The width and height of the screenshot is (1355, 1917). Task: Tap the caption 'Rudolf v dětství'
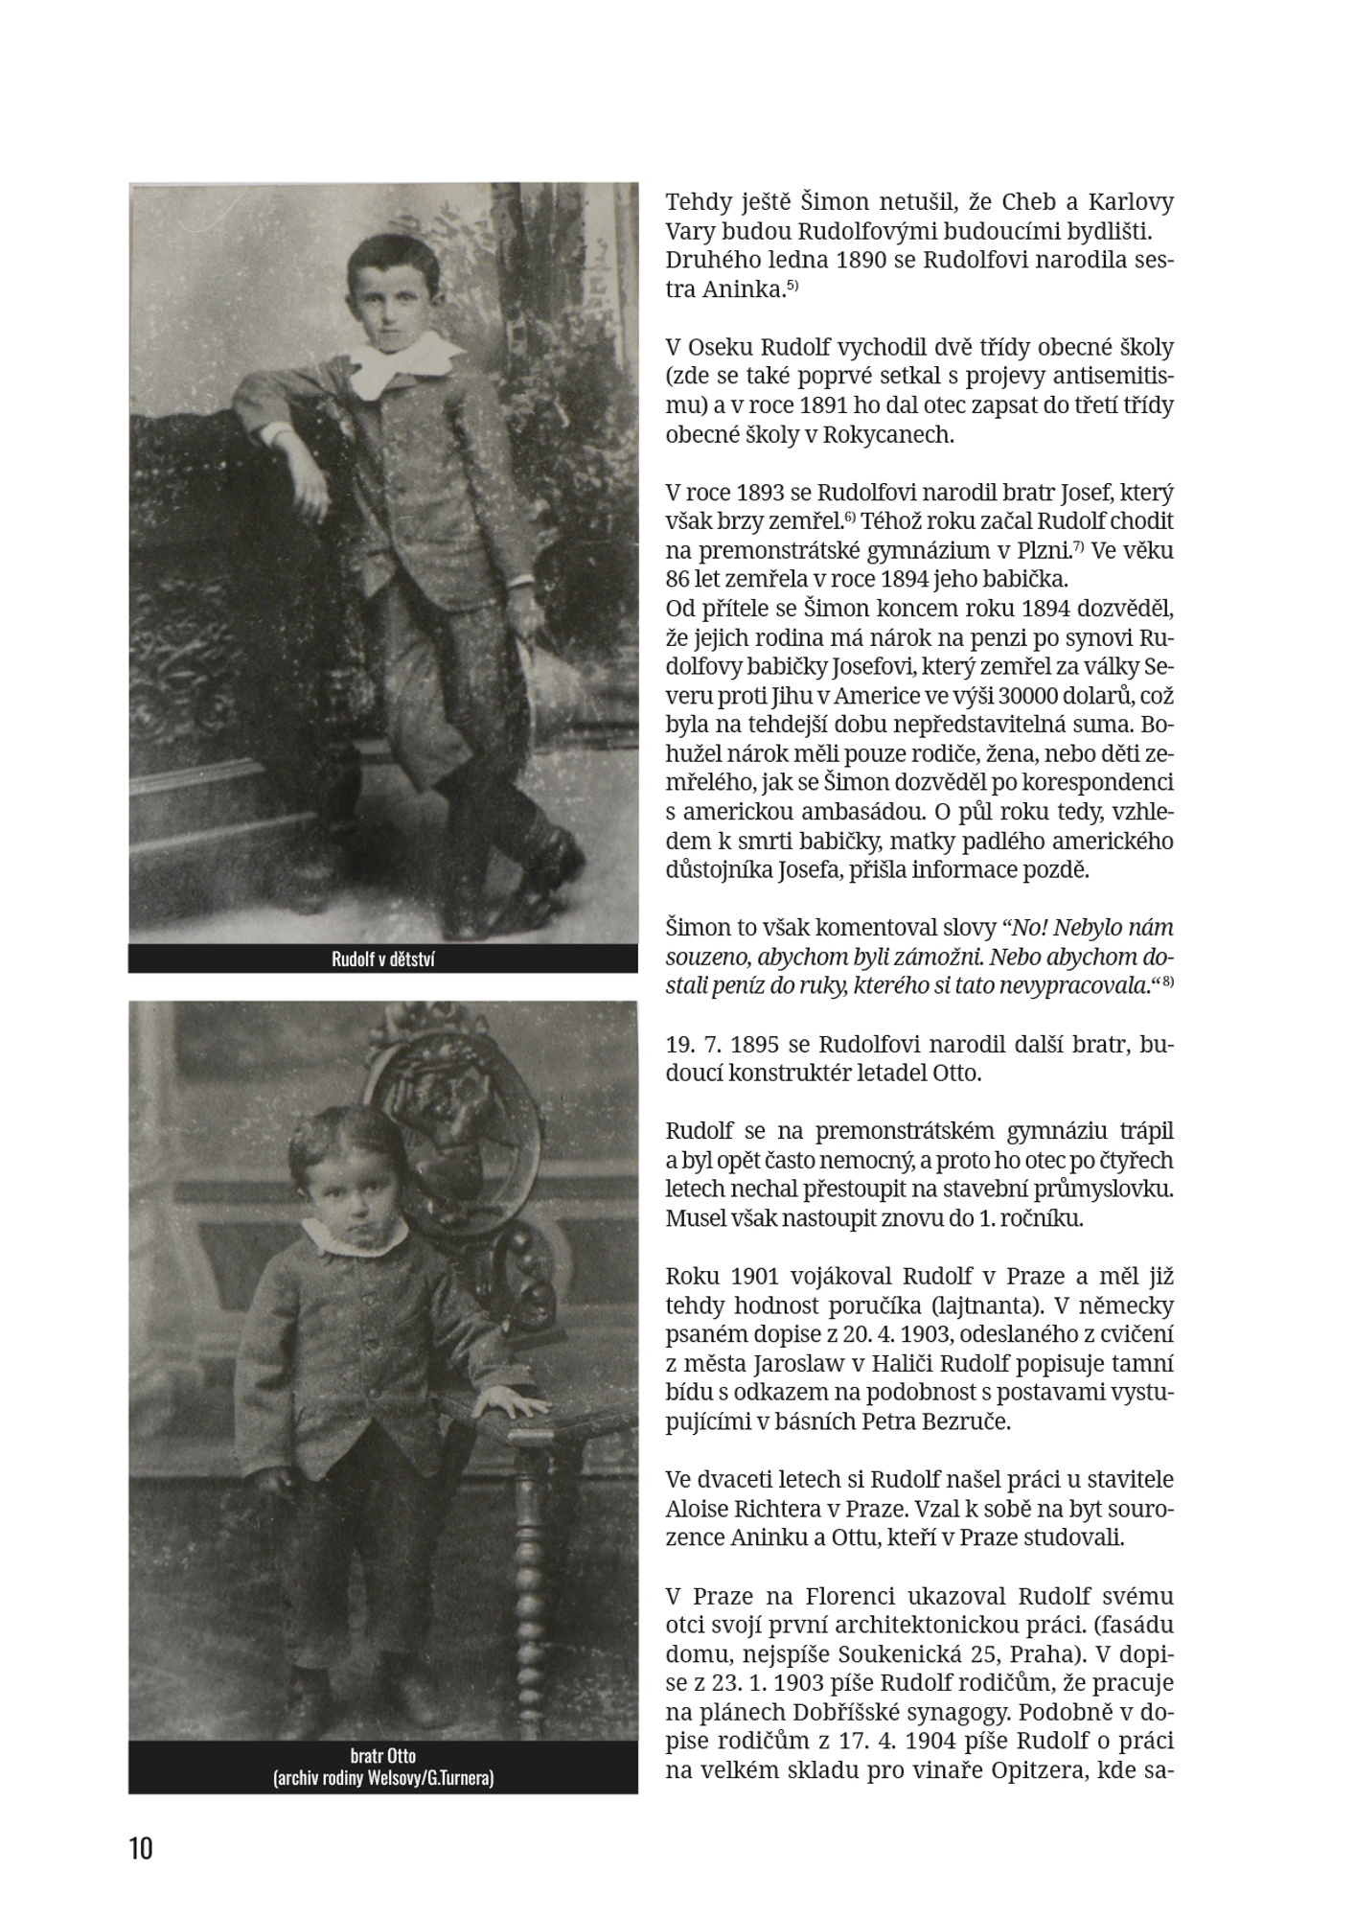383,959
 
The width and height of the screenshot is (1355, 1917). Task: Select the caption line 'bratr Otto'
383,1757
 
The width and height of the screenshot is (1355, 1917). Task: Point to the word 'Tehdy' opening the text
697,203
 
